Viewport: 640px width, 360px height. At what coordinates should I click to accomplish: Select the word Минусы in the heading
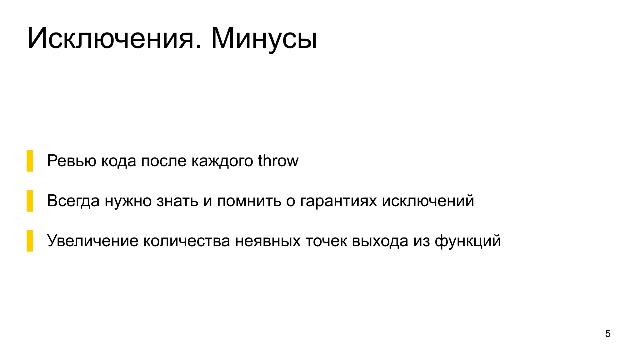click(264, 39)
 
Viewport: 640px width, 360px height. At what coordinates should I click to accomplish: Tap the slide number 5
click(608, 334)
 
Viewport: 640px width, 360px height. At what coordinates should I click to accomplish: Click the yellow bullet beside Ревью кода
click(30, 161)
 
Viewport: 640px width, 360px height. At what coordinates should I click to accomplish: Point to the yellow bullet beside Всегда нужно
click(30, 201)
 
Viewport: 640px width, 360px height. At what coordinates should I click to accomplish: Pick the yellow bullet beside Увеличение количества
click(30, 241)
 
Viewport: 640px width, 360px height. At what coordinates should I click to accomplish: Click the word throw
click(278, 161)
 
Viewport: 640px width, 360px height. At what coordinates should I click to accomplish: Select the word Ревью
click(72, 161)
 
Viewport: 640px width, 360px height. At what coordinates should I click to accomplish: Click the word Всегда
click(73, 201)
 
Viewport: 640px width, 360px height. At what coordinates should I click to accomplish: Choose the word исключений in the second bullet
click(428, 201)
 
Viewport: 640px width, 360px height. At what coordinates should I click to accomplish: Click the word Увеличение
click(92, 241)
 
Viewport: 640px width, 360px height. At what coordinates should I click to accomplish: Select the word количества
click(187, 241)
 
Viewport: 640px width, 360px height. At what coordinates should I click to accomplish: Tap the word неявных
click(268, 241)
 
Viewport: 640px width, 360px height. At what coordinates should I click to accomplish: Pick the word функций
click(468, 241)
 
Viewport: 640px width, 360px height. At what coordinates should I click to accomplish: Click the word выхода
click(380, 241)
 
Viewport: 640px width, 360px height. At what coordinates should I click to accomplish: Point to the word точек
click(326, 241)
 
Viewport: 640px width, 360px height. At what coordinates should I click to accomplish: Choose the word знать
click(177, 201)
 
